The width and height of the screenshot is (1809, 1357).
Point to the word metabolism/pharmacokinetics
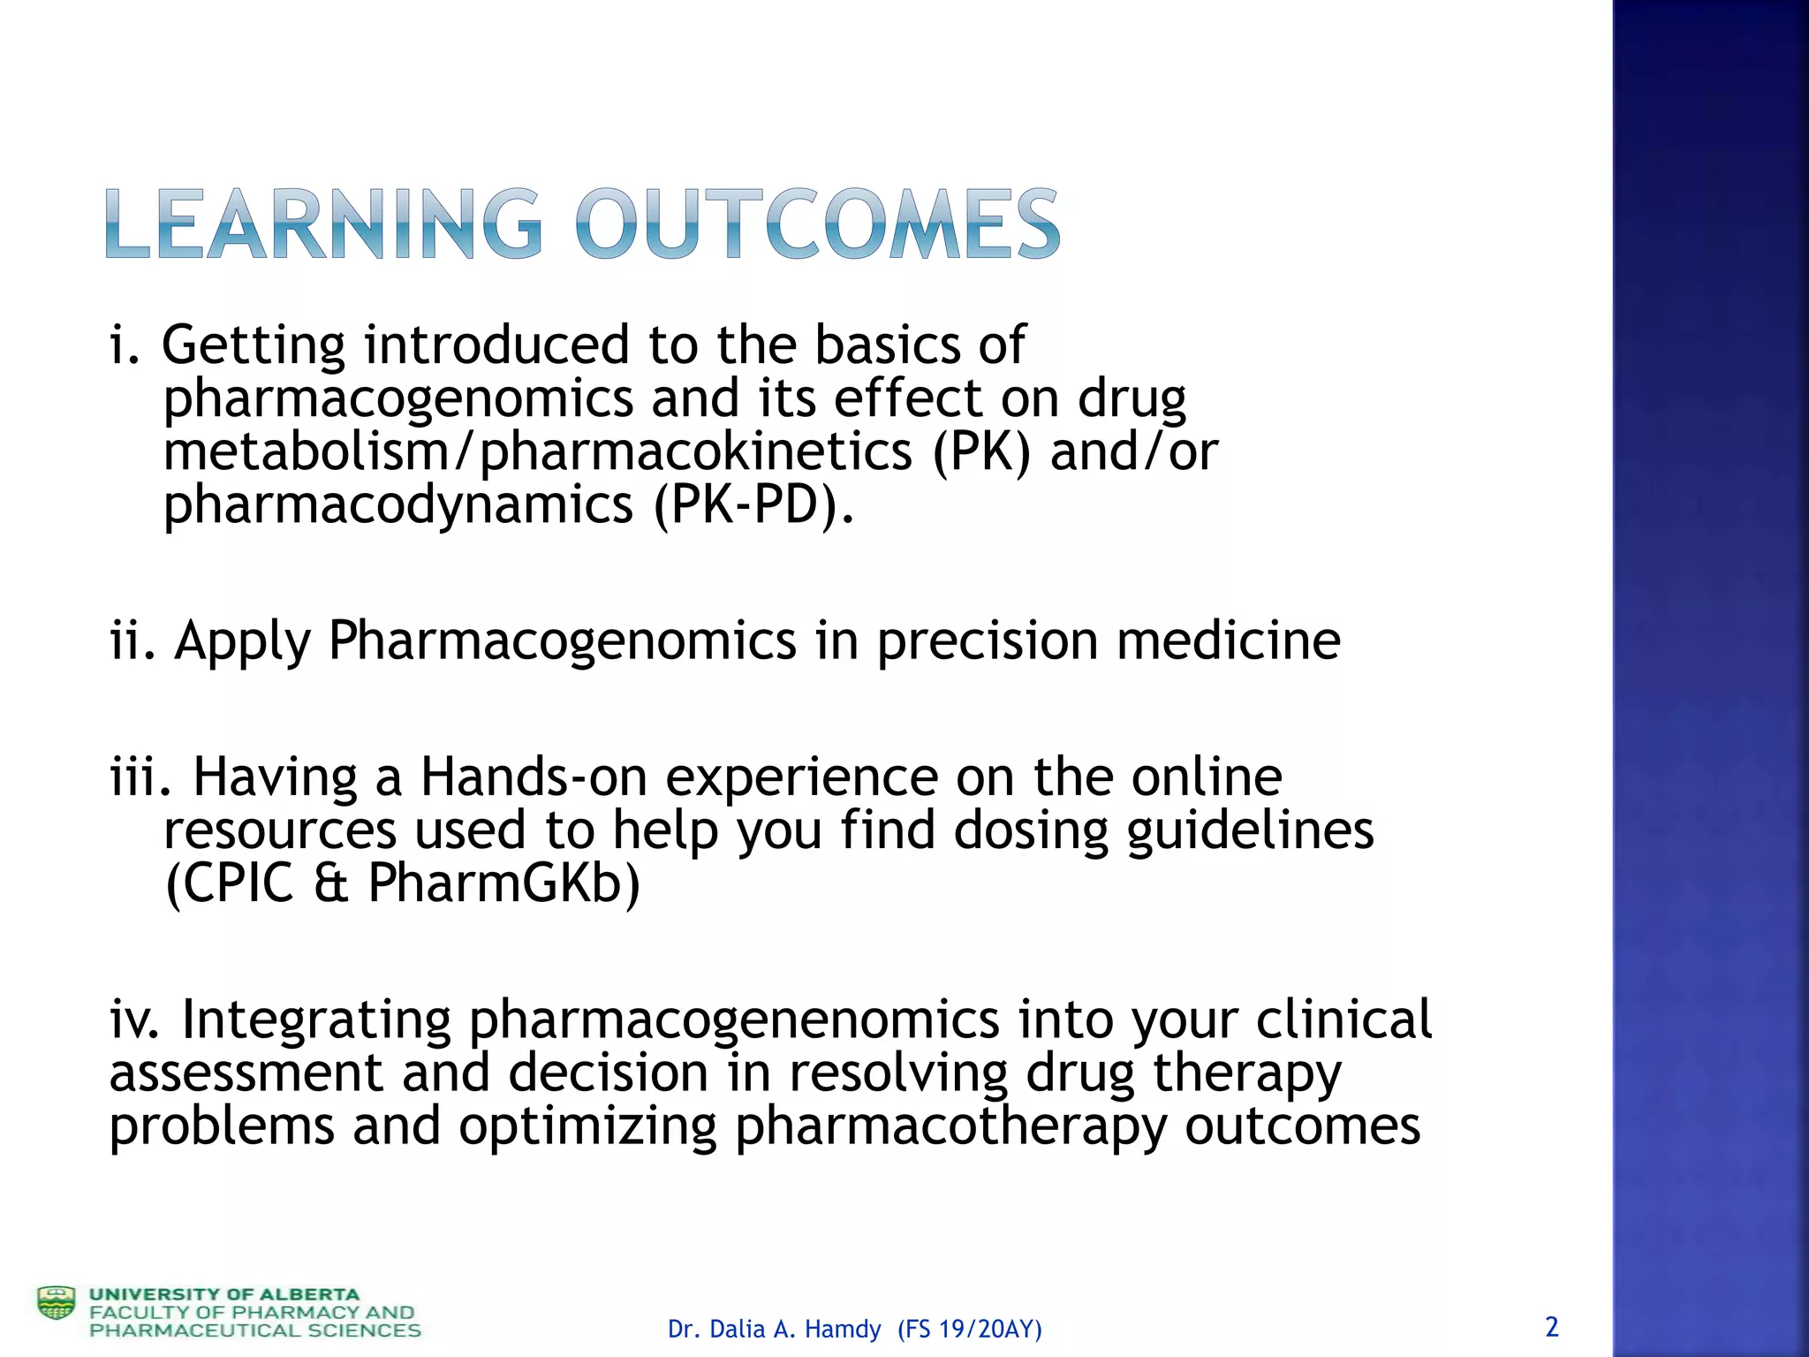538,452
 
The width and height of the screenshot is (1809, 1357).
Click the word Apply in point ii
242,641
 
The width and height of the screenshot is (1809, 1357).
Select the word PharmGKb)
503,883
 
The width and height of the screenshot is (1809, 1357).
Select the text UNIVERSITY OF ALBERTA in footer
224,1294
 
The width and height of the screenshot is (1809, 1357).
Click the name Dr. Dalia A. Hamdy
774,1329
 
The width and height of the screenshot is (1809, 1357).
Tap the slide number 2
1551,1326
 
